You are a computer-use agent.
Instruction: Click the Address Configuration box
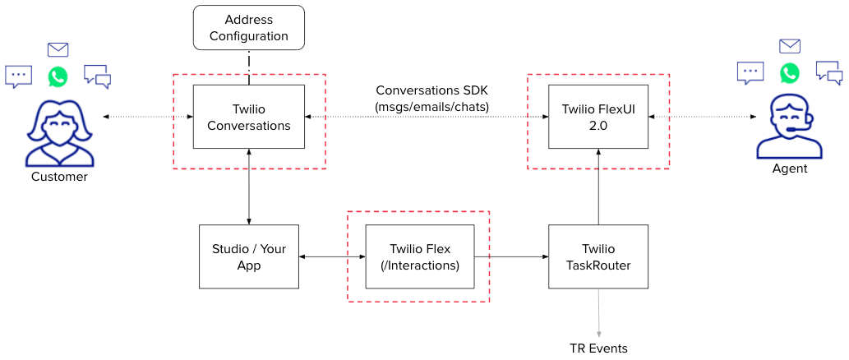248,27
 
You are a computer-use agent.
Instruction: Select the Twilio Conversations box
248,117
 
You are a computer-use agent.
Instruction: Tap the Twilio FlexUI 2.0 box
598,117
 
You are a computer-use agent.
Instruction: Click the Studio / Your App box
248,256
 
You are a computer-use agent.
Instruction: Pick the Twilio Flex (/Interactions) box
419,256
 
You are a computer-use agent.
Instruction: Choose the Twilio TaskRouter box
598,256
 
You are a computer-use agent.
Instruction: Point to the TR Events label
598,348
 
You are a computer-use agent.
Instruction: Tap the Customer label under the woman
59,177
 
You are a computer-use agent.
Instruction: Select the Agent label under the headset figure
789,168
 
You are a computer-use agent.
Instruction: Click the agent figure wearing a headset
789,127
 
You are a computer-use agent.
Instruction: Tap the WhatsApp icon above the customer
58,76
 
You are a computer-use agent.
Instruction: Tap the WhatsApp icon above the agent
789,72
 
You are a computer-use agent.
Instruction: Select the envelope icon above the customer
58,49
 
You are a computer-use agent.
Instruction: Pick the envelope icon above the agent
789,46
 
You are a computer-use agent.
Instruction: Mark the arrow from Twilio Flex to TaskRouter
511,257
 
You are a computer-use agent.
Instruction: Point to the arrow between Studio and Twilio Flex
332,257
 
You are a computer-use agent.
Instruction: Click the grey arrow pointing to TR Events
598,312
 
